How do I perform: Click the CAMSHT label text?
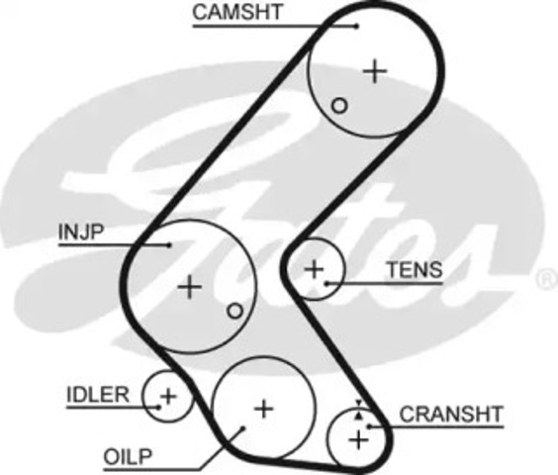tap(237, 12)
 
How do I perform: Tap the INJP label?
tap(81, 232)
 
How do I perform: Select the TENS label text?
tap(415, 269)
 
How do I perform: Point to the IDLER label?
tap(98, 395)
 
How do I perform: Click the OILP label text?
tap(128, 456)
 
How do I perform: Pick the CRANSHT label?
tap(451, 414)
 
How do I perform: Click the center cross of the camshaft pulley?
tap(375, 71)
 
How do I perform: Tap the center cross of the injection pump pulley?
tap(190, 287)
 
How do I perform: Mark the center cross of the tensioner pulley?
tap(315, 269)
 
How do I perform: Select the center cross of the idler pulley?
tap(168, 396)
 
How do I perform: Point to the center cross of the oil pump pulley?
tap(264, 409)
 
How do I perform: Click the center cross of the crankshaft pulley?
tap(359, 440)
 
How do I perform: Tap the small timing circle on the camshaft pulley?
tap(339, 106)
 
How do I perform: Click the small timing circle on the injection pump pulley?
tap(234, 311)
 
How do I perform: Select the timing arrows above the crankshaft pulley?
tap(359, 410)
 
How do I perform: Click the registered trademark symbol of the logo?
tap(547, 279)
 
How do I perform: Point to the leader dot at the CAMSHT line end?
tap(356, 26)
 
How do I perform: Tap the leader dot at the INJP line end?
tap(169, 245)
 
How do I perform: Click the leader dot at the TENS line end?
tap(326, 283)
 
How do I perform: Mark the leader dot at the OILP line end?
tap(243, 427)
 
